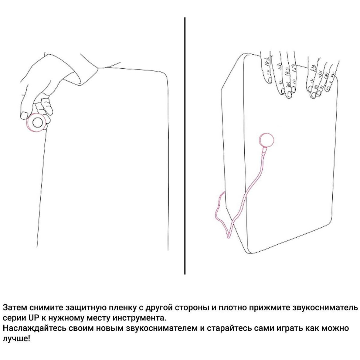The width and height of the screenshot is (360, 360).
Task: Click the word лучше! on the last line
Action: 16,339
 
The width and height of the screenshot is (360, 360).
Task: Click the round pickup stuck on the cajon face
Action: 266,139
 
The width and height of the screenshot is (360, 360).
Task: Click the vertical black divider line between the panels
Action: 185,146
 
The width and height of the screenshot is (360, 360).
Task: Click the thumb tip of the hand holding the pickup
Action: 23,115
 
